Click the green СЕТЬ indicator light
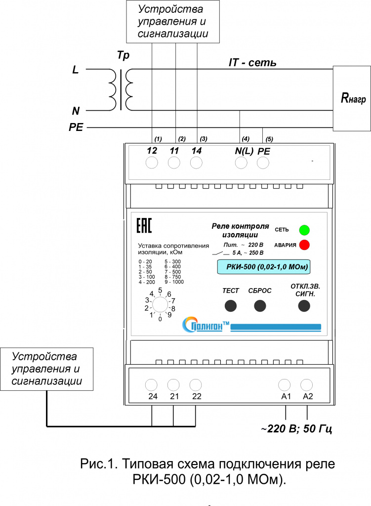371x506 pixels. pyautogui.click(x=304, y=230)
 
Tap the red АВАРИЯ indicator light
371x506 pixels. pyautogui.click(x=304, y=245)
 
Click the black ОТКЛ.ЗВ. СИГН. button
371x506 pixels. pyautogui.click(x=304, y=306)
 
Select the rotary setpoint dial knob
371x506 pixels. pyautogui.click(x=160, y=304)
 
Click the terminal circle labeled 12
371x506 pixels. pyautogui.click(x=152, y=163)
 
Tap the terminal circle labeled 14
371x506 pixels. pyautogui.click(x=196, y=163)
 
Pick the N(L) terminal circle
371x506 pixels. pyautogui.click(x=241, y=163)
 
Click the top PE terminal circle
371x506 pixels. pyautogui.click(x=263, y=163)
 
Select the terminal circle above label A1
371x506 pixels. pyautogui.click(x=284, y=385)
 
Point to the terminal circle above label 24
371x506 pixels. pyautogui.click(x=151, y=385)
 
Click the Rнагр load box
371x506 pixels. pyautogui.click(x=352, y=98)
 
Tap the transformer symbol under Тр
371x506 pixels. pyautogui.click(x=121, y=90)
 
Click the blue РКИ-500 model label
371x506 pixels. pyautogui.click(x=264, y=267)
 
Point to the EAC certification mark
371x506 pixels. pyautogui.click(x=144, y=225)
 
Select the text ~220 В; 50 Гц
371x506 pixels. pyautogui.click(x=296, y=428)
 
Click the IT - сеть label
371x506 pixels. pyautogui.click(x=252, y=62)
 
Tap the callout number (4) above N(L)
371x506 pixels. pyautogui.click(x=246, y=139)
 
